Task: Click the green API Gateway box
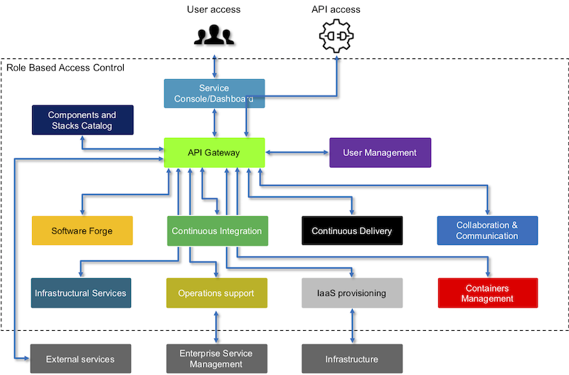[215, 152]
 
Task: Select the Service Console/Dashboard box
[215, 93]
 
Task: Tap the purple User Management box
[381, 152]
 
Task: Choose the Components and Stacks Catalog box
[83, 120]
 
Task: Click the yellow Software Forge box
[83, 231]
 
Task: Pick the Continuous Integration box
[218, 231]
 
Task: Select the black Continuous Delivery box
[352, 231]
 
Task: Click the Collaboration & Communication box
[487, 231]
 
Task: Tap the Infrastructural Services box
[81, 293]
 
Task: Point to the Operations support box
[217, 293]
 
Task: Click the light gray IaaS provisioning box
[352, 293]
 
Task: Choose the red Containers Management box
[488, 293]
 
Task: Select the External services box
[80, 359]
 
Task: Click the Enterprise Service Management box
[217, 359]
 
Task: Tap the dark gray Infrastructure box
[352, 359]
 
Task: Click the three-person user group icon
[214, 35]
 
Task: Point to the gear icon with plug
[336, 36]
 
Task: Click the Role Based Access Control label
[65, 68]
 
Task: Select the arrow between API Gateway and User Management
[297, 152]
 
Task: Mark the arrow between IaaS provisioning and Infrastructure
[352, 326]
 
